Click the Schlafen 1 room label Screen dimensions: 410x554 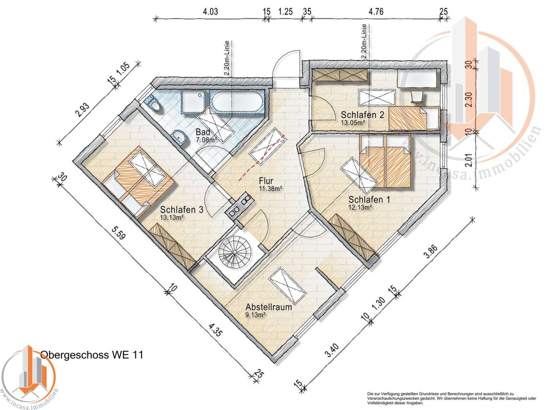coord(369,199)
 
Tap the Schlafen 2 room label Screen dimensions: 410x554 coord(362,115)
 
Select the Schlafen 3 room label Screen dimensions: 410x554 coord(182,210)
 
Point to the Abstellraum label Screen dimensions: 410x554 coord(268,307)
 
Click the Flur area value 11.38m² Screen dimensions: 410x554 coord(270,188)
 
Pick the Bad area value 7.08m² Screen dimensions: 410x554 coord(206,140)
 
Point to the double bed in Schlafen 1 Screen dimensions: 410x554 coord(385,161)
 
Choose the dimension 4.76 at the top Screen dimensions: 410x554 coord(376,11)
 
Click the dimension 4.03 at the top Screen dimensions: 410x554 coord(210,11)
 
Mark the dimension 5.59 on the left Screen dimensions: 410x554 coord(118,233)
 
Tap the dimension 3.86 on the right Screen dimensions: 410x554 coord(431,252)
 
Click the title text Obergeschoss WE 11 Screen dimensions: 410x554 coord(92,355)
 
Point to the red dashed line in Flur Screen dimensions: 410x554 coord(262,159)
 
